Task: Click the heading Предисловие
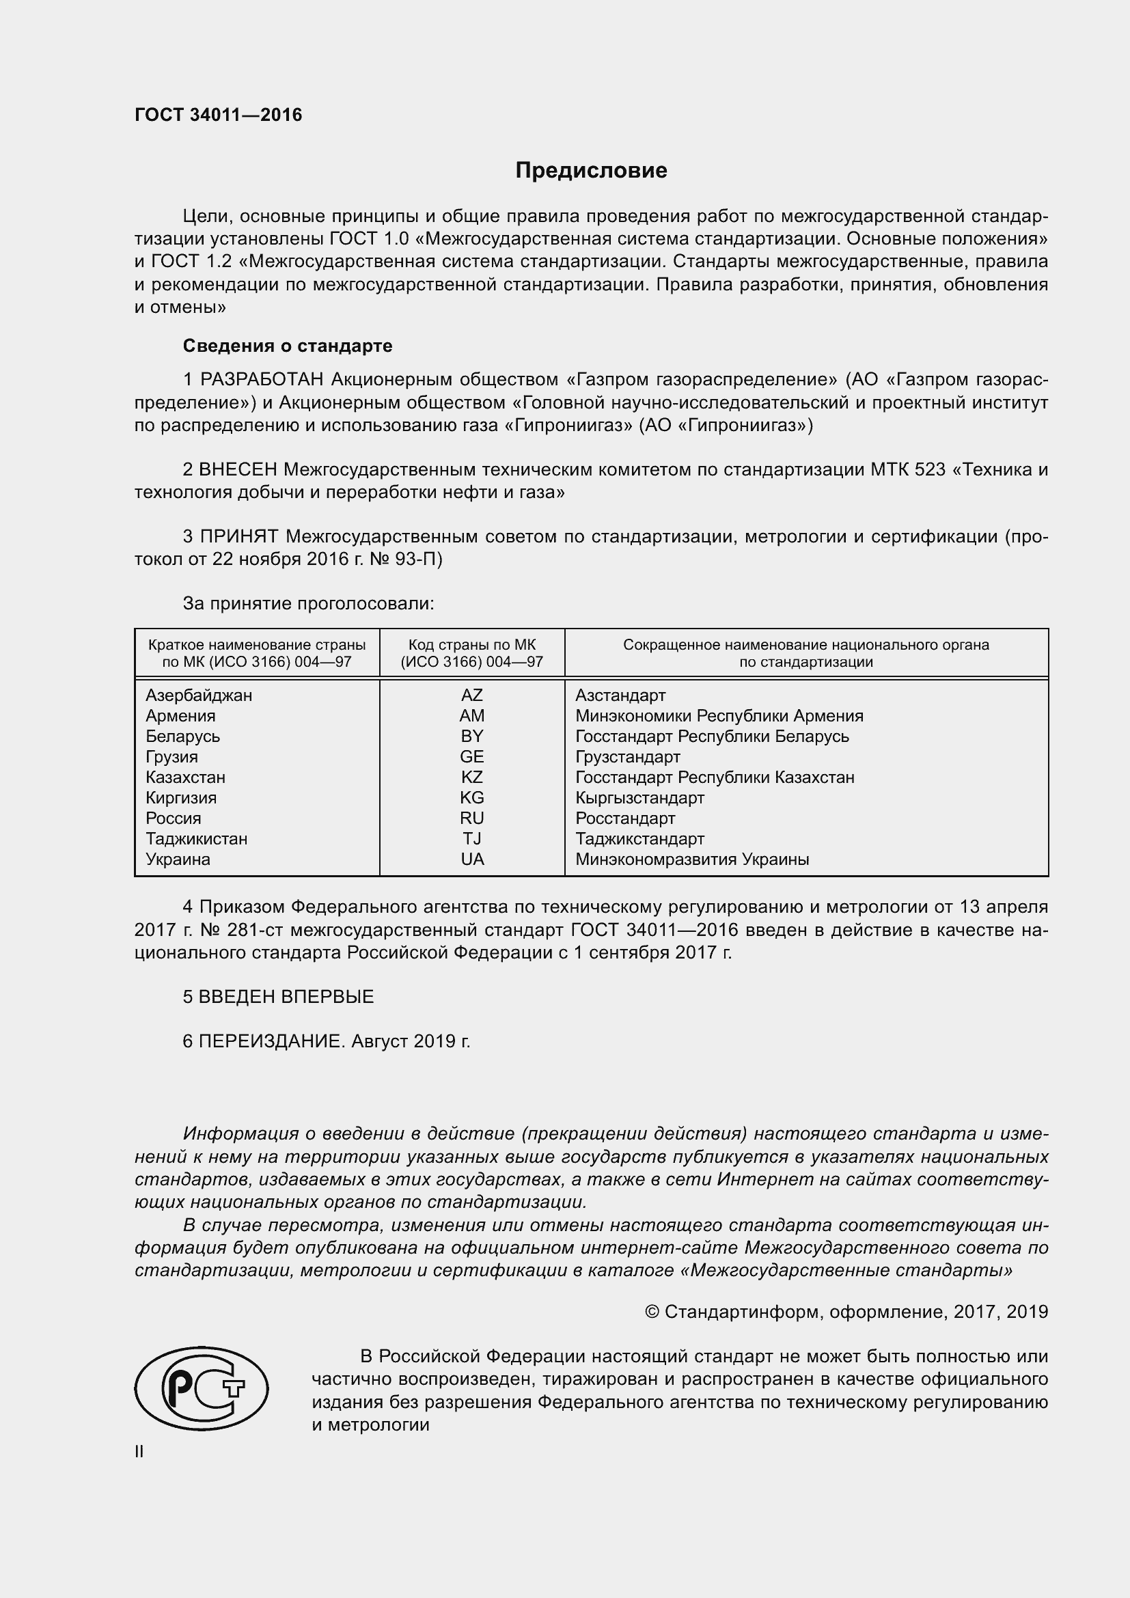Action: point(591,171)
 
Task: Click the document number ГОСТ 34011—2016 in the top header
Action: point(219,115)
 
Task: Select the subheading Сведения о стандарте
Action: point(288,346)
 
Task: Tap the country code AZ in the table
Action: point(472,695)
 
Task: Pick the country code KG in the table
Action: point(472,797)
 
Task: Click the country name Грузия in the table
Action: point(172,756)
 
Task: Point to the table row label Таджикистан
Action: point(196,839)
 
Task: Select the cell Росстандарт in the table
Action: point(625,818)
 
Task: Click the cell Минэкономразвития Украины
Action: point(691,859)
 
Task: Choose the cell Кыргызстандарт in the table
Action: point(639,797)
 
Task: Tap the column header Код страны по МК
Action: point(472,645)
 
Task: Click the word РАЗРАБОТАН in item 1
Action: point(262,380)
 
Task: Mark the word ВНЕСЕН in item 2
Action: point(238,470)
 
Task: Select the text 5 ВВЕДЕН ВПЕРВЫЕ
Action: point(278,997)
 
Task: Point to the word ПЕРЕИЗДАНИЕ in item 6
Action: point(271,1041)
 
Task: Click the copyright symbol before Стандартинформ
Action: point(652,1312)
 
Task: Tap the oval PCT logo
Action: point(201,1388)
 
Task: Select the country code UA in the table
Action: point(472,859)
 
